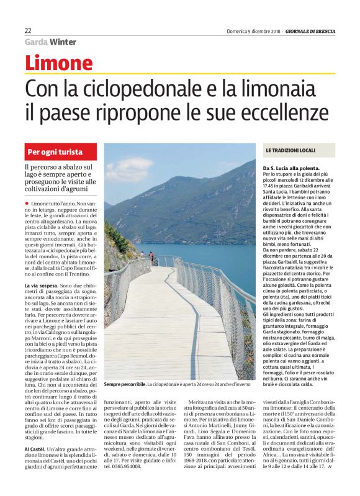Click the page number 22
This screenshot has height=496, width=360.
pyautogui.click(x=28, y=30)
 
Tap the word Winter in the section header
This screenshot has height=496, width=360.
pyautogui.click(x=63, y=42)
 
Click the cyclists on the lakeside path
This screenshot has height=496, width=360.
pyautogui.click(x=149, y=257)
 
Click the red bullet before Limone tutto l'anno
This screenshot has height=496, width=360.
pyautogui.click(x=27, y=204)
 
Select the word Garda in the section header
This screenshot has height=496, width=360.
pyautogui.click(x=36, y=42)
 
